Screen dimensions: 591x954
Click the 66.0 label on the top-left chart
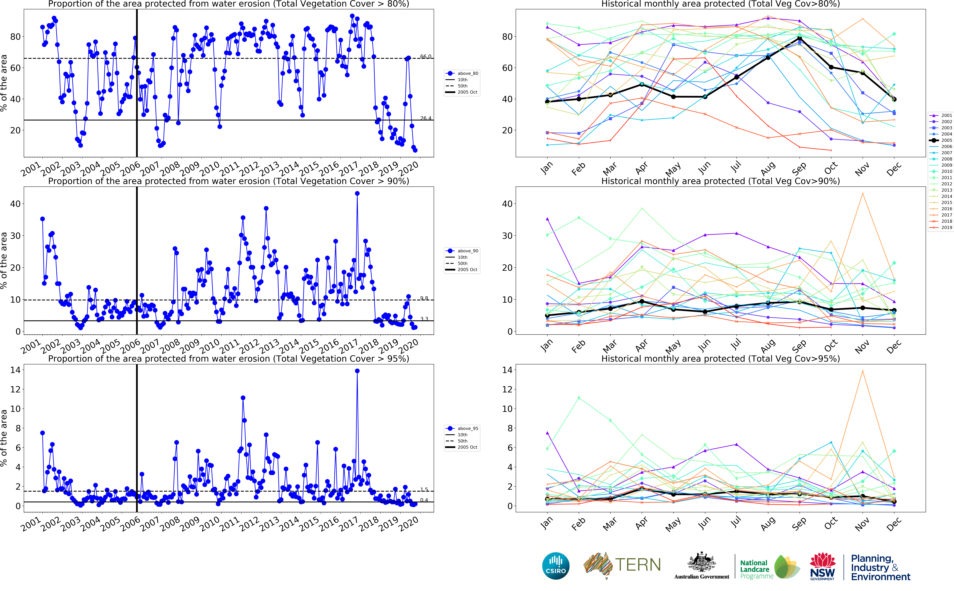(x=426, y=57)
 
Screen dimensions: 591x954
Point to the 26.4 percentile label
(x=426, y=118)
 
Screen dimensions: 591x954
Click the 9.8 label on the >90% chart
(x=424, y=298)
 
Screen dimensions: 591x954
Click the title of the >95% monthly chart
(x=720, y=358)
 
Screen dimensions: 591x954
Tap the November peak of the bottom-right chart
(x=863, y=371)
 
